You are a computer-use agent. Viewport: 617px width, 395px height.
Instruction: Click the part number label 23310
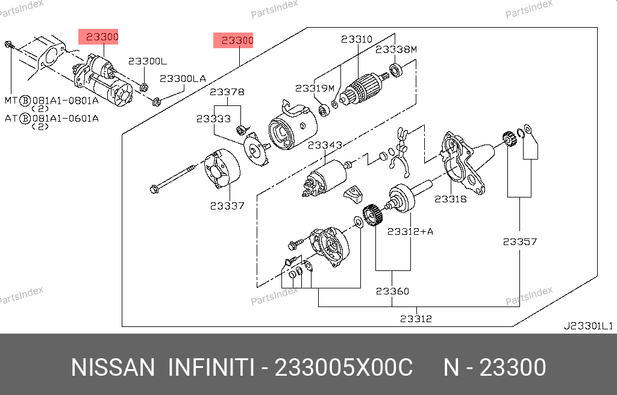357,40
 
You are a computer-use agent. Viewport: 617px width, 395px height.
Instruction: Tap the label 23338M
396,49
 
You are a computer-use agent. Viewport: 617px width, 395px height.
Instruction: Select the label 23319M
315,88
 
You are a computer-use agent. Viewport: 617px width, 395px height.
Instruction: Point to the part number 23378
227,92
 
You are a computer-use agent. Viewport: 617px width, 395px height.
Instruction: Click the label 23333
213,119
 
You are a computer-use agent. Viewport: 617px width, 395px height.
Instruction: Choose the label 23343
325,145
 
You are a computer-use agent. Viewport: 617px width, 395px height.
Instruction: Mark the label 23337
227,205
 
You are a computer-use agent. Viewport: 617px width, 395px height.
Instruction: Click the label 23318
451,199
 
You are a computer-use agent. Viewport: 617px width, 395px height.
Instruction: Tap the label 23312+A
410,231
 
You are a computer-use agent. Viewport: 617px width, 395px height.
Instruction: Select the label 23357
520,241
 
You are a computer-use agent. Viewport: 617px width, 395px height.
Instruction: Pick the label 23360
392,291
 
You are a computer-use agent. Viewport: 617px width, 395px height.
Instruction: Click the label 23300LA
183,78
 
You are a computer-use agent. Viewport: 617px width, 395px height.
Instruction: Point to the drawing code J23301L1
587,326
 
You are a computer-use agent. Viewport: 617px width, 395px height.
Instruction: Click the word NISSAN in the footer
113,367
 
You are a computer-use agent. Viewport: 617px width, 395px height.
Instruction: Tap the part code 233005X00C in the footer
343,367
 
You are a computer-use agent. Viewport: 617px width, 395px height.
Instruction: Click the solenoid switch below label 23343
325,177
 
